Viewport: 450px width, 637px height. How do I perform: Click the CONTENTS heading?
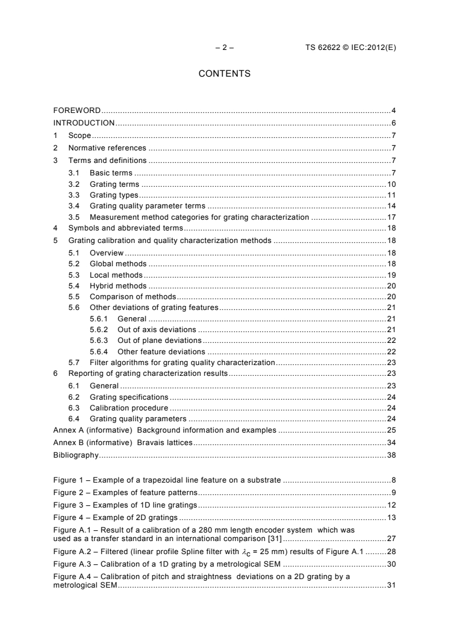(224, 74)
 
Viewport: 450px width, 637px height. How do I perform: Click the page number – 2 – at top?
(224, 48)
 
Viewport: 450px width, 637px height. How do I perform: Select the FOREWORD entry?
(77, 110)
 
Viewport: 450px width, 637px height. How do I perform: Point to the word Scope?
(79, 135)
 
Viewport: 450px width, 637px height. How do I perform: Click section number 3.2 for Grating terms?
(74, 185)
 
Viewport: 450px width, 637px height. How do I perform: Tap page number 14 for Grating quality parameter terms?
(391, 206)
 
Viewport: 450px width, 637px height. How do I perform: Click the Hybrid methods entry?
(118, 286)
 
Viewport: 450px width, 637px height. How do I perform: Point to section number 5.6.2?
(99, 329)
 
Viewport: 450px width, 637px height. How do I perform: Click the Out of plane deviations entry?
(159, 340)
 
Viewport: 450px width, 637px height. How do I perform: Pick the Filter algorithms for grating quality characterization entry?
(182, 362)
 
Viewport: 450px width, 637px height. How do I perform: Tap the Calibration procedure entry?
(129, 408)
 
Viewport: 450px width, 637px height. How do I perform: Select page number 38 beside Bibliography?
(391, 455)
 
